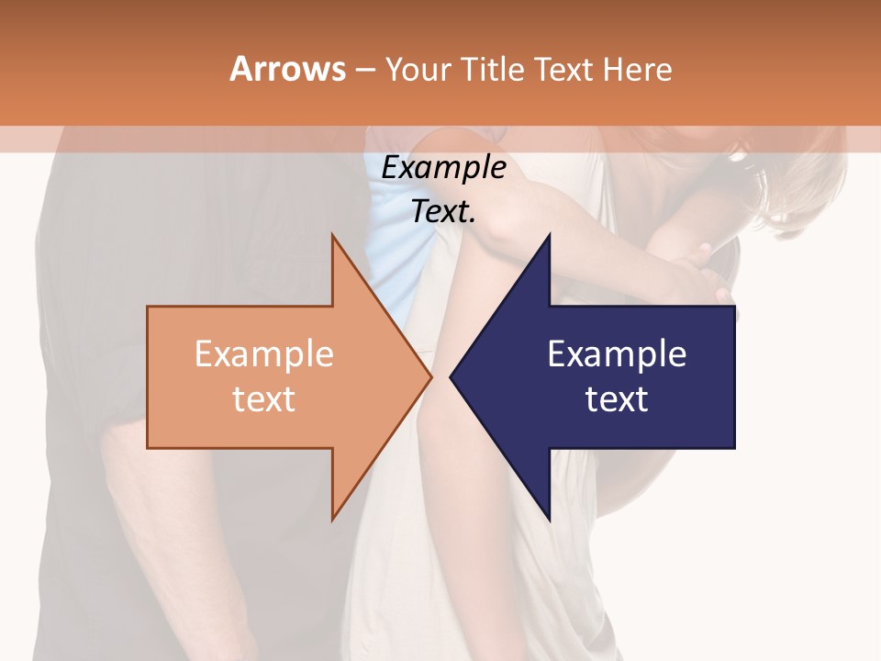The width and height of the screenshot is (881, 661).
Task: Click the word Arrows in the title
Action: [x=287, y=69]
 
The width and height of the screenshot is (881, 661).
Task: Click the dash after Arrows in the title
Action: [x=364, y=70]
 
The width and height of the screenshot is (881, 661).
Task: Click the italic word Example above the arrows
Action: [x=443, y=168]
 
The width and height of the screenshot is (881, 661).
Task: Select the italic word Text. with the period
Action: [x=443, y=212]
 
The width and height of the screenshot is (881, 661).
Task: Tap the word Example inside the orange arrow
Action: [x=264, y=354]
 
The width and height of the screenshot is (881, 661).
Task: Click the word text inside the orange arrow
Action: [x=264, y=399]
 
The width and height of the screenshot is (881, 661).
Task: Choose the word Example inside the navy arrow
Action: [x=617, y=354]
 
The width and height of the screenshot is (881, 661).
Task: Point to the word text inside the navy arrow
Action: [x=617, y=399]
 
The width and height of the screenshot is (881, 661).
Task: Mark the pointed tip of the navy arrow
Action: [x=452, y=376]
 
